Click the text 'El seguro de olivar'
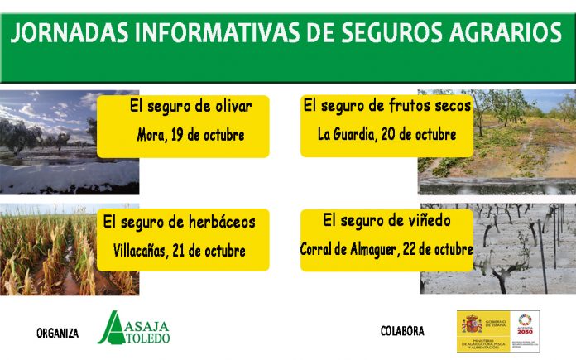(x=190, y=107)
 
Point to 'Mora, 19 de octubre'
(x=190, y=134)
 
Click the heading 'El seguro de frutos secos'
(x=387, y=106)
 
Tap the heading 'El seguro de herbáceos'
(x=185, y=222)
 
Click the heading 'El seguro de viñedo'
(x=386, y=220)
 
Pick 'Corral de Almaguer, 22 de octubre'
(x=386, y=249)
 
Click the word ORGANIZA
(x=57, y=333)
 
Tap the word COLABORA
(x=402, y=331)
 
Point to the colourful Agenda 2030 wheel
(x=524, y=320)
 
